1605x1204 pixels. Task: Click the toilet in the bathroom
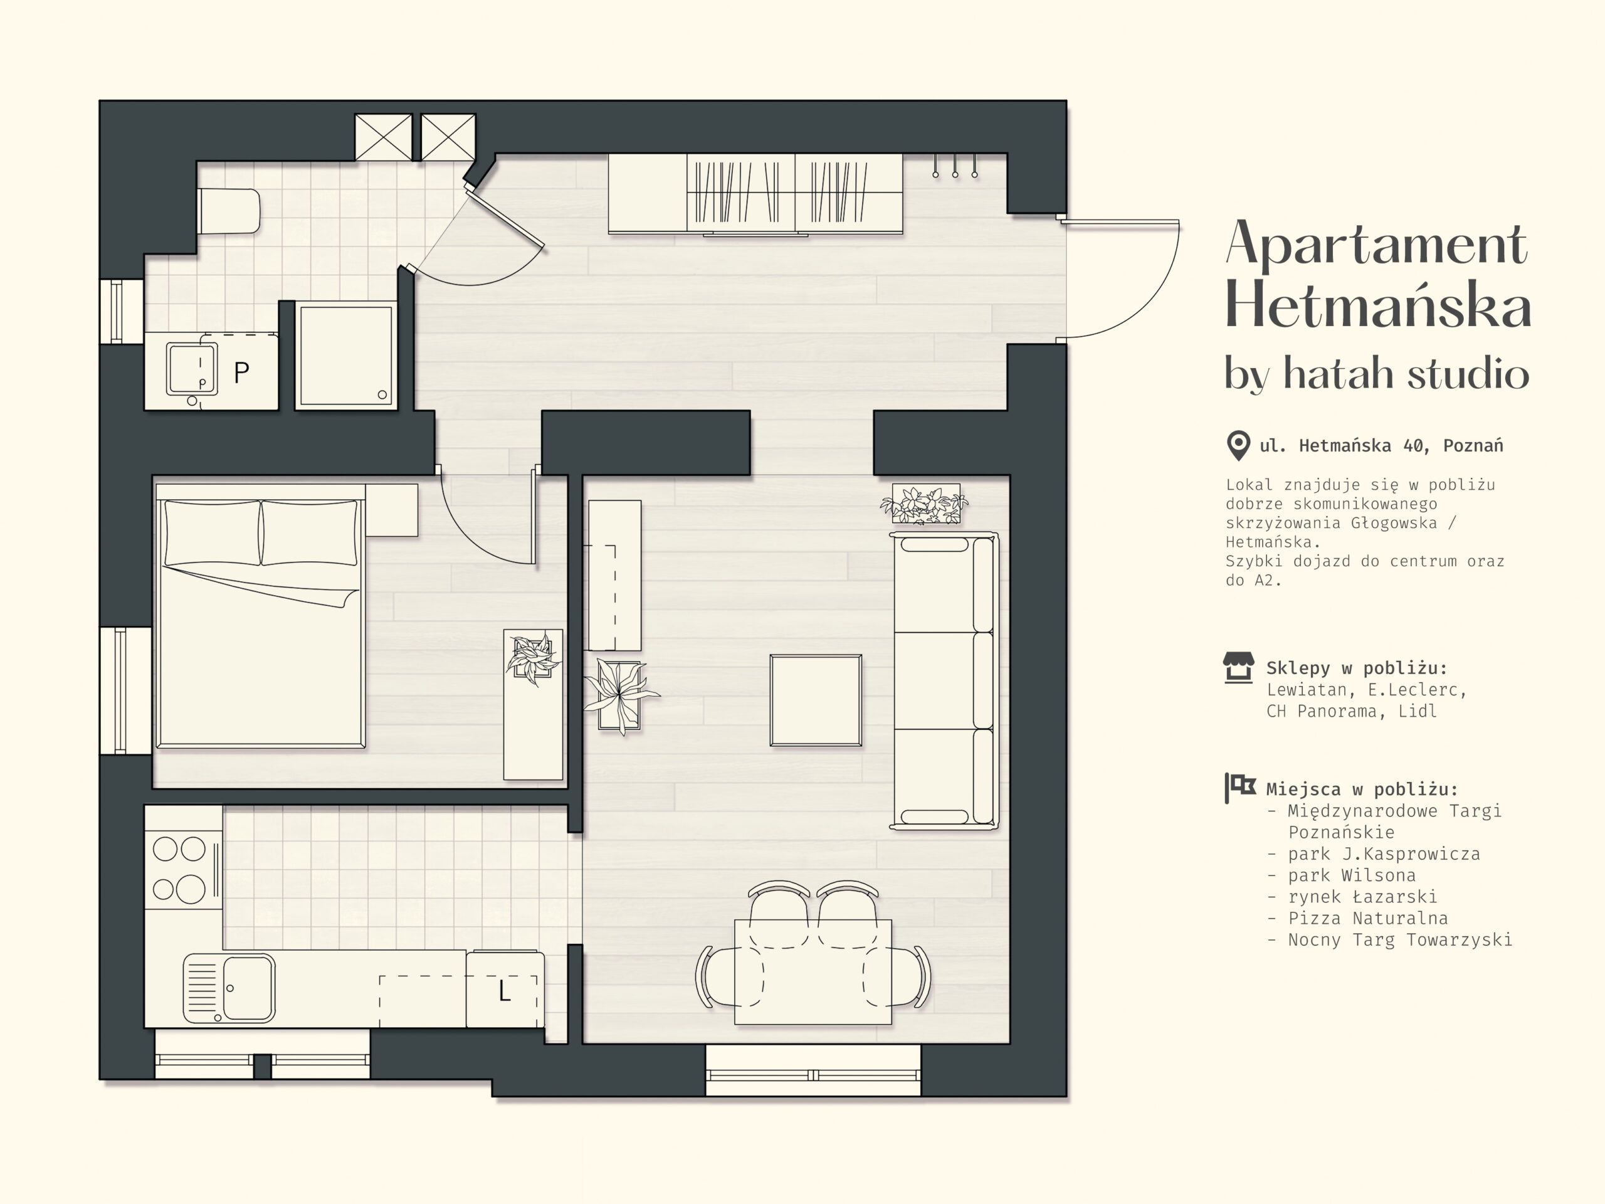click(x=229, y=211)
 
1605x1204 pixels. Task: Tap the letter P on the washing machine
click(x=241, y=372)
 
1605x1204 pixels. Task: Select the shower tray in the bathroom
click(x=346, y=356)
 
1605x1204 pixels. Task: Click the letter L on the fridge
click(x=505, y=991)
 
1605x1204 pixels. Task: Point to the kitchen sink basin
click(x=248, y=988)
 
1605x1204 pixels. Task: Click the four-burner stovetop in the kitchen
click(x=181, y=869)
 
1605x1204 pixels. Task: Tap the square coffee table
click(x=816, y=700)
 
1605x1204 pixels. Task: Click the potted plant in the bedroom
click(x=534, y=658)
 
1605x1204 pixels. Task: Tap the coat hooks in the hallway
click(x=955, y=166)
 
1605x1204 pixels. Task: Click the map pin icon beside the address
click(x=1238, y=445)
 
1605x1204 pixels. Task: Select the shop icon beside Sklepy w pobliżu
click(x=1238, y=668)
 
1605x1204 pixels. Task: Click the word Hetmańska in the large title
click(x=1377, y=305)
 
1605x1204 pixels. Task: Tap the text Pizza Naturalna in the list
click(x=1368, y=918)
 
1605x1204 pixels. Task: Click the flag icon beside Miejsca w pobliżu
click(x=1239, y=788)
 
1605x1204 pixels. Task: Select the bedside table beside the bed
click(x=392, y=510)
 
